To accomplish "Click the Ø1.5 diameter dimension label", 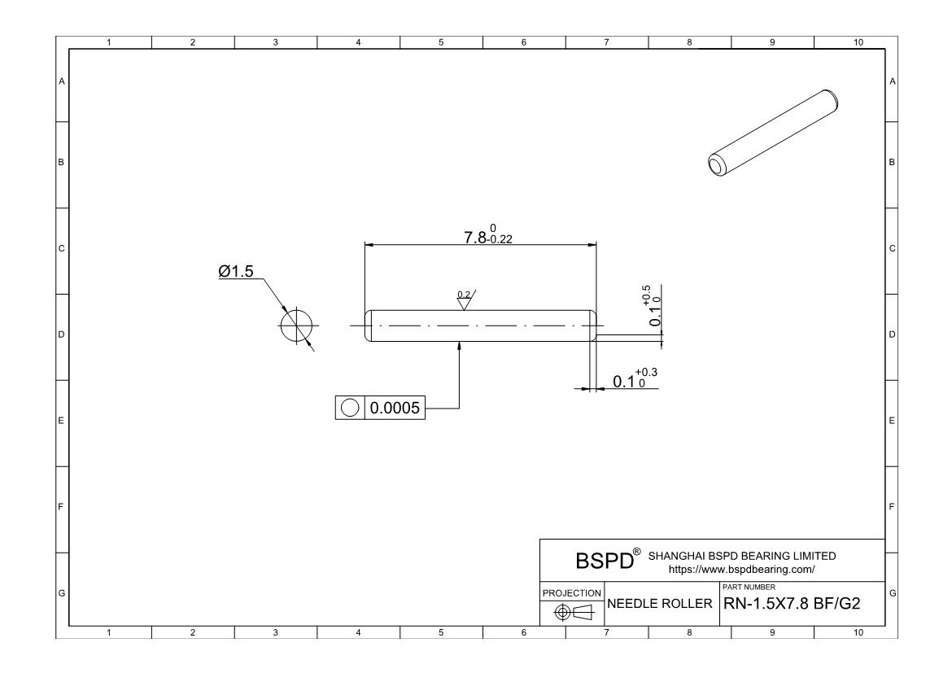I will coord(236,272).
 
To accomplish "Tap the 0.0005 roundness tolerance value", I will coord(395,409).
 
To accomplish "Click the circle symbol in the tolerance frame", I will coord(350,409).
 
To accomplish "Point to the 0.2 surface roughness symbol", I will coord(465,299).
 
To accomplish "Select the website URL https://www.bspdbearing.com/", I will coord(740,570).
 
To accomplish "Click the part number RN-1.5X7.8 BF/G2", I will coord(799,605).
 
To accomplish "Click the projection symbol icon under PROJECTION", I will coord(572,612).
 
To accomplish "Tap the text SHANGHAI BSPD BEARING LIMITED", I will coord(741,556).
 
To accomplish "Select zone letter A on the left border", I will coord(61,81).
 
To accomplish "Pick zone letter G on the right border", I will coord(892,592).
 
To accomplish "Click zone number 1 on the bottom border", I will coord(110,632).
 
